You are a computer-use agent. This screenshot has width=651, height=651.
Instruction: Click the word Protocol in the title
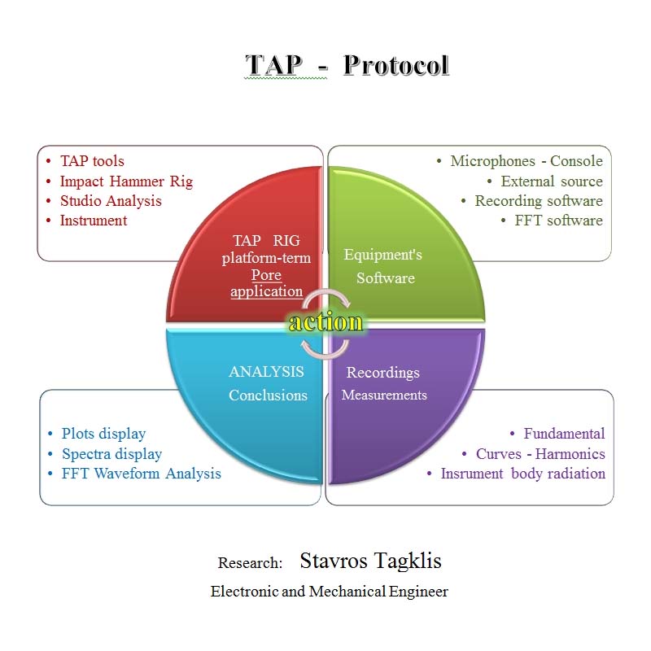click(395, 65)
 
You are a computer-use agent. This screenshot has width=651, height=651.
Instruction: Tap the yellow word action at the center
click(325, 322)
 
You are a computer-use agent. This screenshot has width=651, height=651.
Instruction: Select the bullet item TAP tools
click(92, 161)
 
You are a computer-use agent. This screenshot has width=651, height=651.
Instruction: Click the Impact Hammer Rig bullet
click(126, 181)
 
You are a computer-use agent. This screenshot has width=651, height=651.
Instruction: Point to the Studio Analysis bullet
click(111, 201)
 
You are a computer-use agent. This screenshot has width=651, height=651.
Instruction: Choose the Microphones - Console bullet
click(526, 161)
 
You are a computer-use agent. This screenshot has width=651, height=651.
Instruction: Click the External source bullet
click(552, 181)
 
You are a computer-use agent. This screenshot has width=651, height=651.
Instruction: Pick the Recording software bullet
click(539, 201)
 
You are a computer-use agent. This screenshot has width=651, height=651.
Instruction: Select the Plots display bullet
click(103, 434)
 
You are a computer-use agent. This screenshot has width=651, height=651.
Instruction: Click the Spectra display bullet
click(111, 454)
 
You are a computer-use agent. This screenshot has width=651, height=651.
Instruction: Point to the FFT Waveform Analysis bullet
click(141, 474)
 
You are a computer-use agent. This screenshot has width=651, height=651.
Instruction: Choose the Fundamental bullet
click(564, 434)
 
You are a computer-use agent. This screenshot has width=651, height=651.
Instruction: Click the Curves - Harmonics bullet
click(540, 454)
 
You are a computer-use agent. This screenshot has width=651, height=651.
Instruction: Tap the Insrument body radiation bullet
click(522, 474)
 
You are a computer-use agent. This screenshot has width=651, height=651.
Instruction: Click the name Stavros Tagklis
click(370, 561)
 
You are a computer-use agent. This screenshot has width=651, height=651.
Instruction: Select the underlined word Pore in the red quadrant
click(266, 275)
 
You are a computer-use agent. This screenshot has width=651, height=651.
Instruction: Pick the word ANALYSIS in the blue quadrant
click(266, 372)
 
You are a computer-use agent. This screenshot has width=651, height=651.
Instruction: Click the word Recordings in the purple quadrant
click(383, 373)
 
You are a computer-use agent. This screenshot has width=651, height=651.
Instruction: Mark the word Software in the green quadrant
click(385, 278)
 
